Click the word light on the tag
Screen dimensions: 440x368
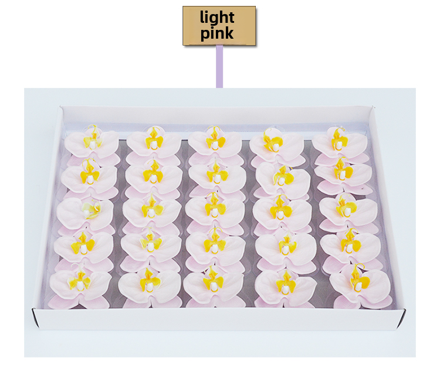(x=217, y=17)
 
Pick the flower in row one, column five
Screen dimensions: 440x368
(x=338, y=144)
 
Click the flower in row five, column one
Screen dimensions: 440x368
(x=83, y=285)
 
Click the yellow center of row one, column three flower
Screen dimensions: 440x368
(x=215, y=141)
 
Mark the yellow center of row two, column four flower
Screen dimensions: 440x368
(x=283, y=175)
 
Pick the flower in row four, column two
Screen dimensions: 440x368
(x=150, y=246)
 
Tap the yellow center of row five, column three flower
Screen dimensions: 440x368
(x=214, y=280)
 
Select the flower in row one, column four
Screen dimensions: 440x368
(x=275, y=144)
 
